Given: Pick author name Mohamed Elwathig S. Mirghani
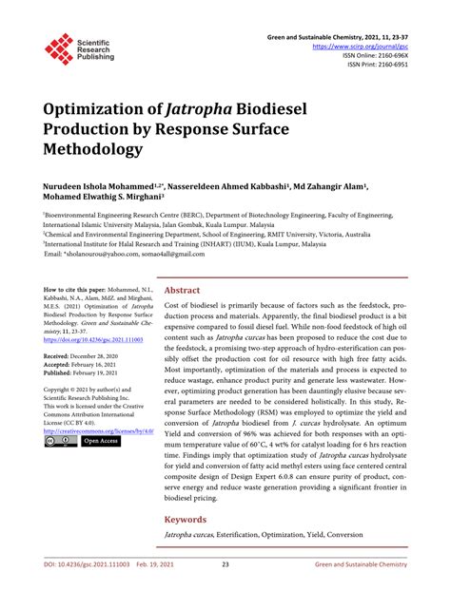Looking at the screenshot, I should tap(102, 198).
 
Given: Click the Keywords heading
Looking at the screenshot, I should tap(186, 520).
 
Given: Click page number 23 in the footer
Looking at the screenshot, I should tap(225, 590).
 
